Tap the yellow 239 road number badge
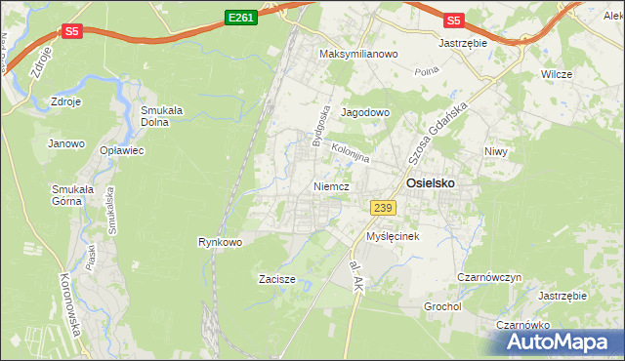(x=382, y=206)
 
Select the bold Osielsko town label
(x=430, y=182)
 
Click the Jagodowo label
(x=365, y=112)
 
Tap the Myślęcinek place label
(x=393, y=237)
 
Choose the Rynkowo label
(x=220, y=241)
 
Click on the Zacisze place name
(x=277, y=279)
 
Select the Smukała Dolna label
(x=162, y=116)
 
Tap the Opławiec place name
(x=122, y=150)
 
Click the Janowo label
(x=64, y=143)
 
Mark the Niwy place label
(x=498, y=151)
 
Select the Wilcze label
(x=557, y=73)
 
